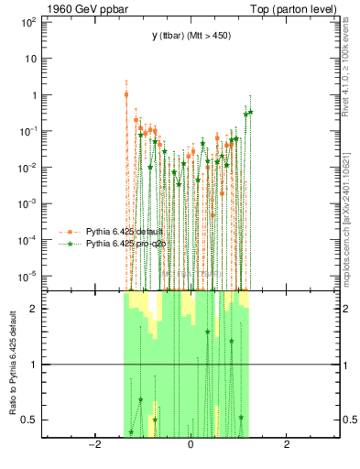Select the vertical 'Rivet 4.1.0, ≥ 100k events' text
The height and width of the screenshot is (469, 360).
click(x=352, y=72)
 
